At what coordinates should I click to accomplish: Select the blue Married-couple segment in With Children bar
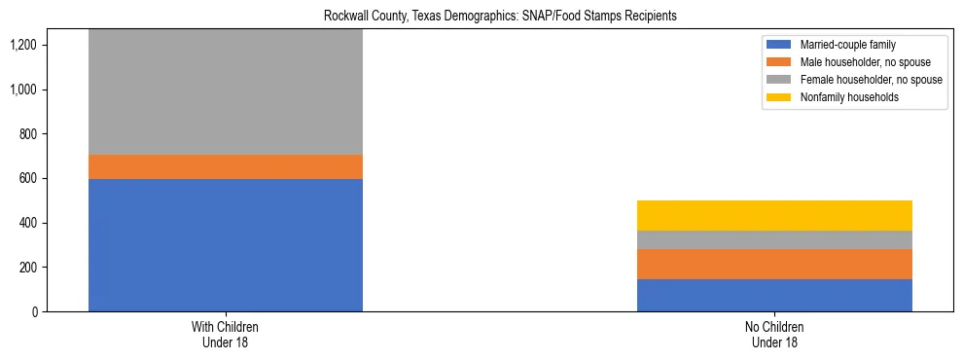pos(225,245)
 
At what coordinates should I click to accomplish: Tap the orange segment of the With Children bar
pos(225,166)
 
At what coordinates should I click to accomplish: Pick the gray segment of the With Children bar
pos(225,92)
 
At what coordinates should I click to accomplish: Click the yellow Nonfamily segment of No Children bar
pos(774,215)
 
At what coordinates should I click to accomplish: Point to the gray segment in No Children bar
pos(774,239)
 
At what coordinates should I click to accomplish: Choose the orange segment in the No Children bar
pos(774,264)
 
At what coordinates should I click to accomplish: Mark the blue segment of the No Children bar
pos(774,295)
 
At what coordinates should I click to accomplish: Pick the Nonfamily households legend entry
pos(841,97)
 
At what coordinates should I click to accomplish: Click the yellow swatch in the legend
pos(779,97)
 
